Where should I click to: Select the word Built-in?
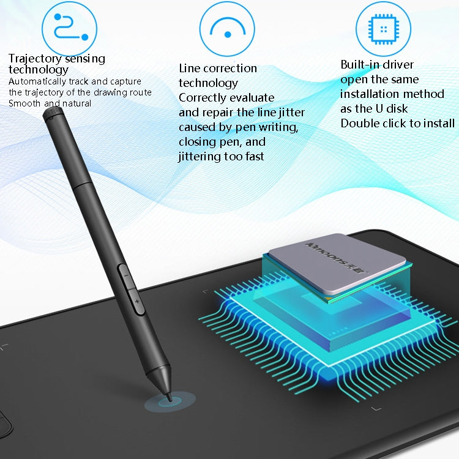359,65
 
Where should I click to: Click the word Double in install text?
359,123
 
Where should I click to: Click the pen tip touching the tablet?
167,395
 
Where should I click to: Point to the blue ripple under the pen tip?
170,402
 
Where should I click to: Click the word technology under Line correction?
208,83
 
